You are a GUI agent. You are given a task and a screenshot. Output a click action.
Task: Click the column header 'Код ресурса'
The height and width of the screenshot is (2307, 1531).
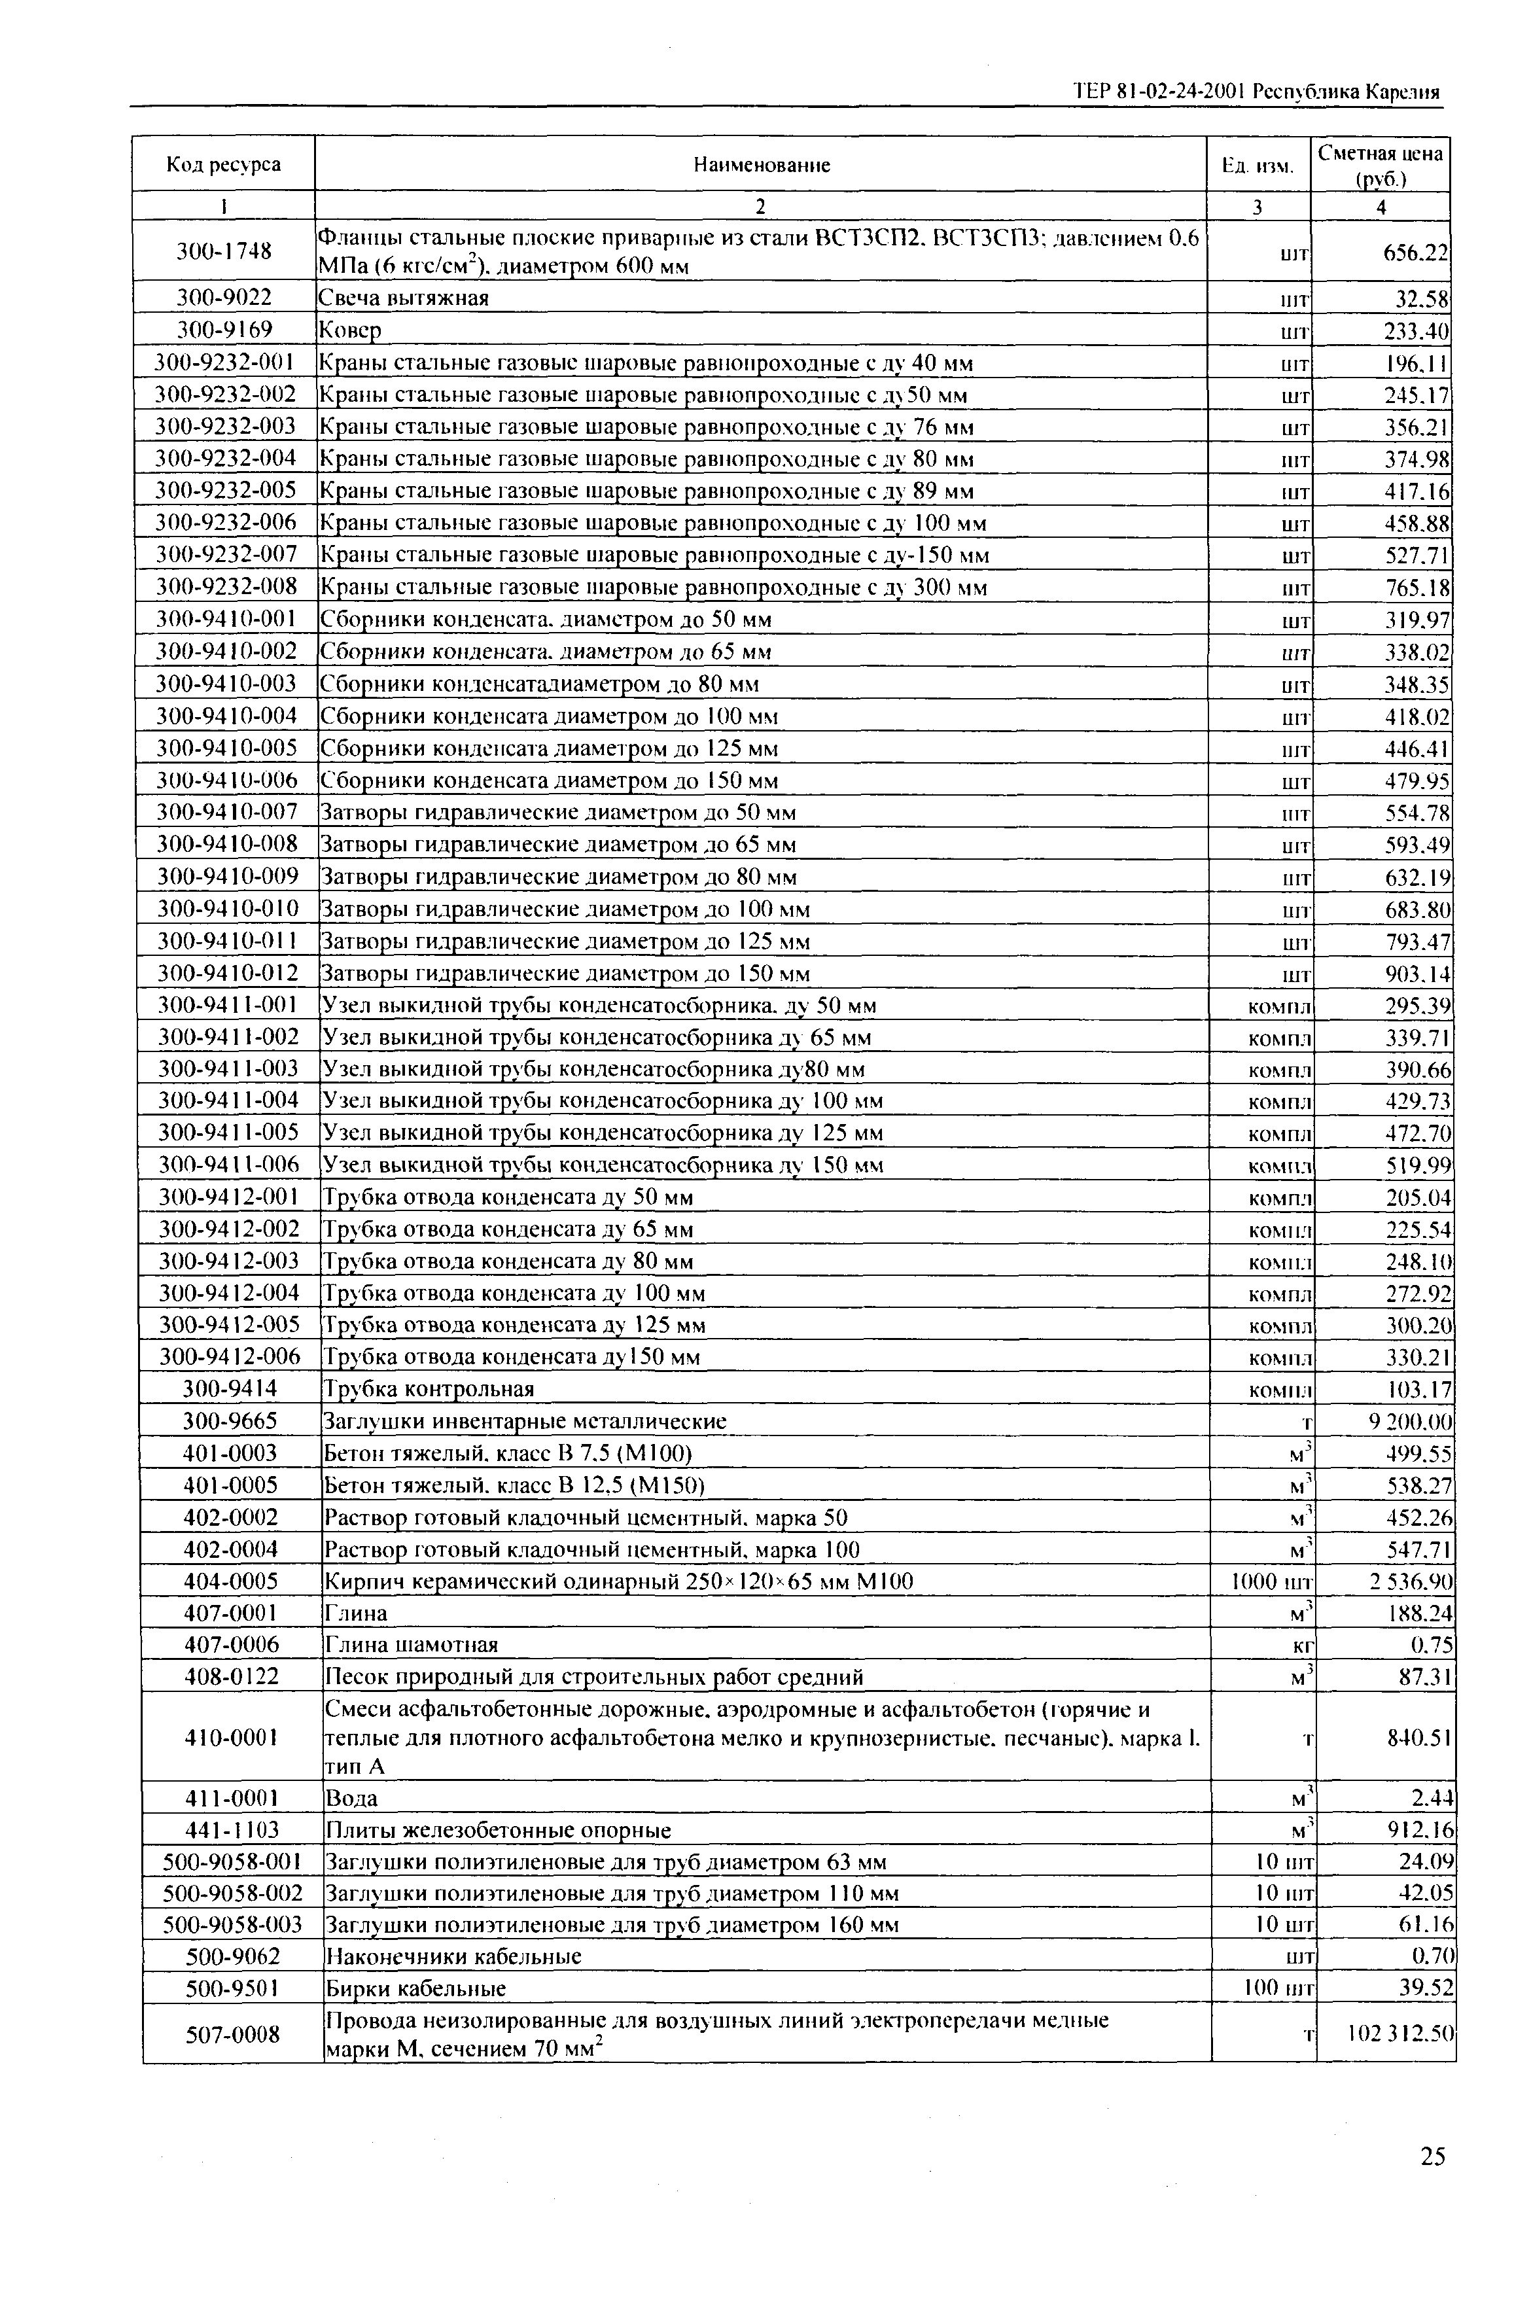pos(224,164)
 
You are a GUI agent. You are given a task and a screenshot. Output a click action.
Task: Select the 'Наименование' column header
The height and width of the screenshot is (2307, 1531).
pos(762,165)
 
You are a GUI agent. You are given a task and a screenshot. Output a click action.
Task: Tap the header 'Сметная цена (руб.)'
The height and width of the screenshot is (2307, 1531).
pos(1380,164)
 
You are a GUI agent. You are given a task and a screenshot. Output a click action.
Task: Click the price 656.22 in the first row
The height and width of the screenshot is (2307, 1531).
pos(1416,252)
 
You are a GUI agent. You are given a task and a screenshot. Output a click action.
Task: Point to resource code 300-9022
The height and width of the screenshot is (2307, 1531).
pos(224,297)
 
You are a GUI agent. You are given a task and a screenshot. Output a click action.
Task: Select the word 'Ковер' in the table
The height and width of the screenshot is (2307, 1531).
pos(349,330)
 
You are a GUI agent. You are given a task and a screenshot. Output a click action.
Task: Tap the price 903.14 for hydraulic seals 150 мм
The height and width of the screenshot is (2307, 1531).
pos(1418,974)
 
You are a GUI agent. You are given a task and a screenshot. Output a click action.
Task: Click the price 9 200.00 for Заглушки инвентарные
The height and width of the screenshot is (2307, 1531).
pos(1410,1422)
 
